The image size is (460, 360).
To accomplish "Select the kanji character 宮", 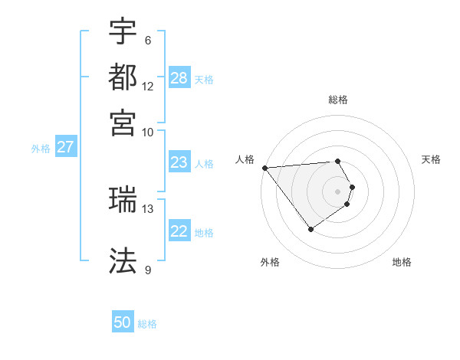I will click(x=123, y=123).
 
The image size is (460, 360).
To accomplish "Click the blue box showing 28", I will click(x=179, y=78).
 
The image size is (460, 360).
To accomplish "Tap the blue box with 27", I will click(x=65, y=147).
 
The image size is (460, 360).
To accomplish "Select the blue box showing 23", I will click(x=179, y=162).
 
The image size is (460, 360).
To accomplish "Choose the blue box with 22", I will click(x=179, y=231).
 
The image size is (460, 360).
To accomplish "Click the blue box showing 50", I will click(x=123, y=322).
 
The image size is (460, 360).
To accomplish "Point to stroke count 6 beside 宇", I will click(x=147, y=41).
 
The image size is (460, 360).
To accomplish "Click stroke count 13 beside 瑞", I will click(x=148, y=208).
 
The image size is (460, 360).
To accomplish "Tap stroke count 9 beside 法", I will click(x=147, y=270).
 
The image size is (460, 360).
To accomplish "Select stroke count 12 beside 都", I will click(x=148, y=87).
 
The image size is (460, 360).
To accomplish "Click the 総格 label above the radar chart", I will click(x=338, y=100).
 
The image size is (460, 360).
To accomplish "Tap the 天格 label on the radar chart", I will click(x=432, y=159).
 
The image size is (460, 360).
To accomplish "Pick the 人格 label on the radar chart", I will click(x=245, y=159).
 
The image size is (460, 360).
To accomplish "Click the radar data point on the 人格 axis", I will click(x=264, y=168).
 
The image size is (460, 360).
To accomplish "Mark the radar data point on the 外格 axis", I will click(x=310, y=229).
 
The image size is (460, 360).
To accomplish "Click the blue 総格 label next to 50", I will click(x=147, y=324).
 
